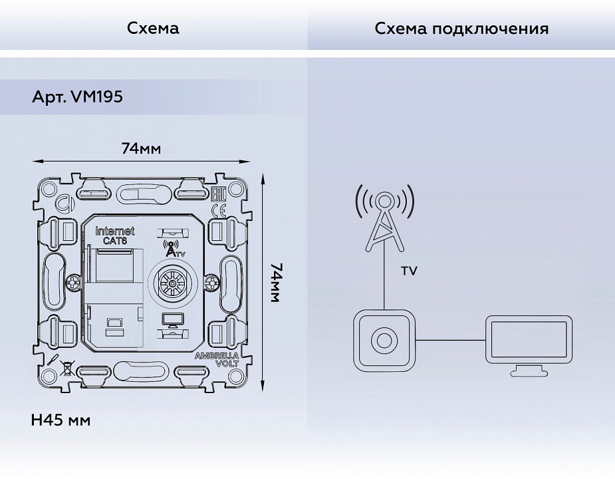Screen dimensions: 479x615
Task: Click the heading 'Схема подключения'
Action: tap(461, 29)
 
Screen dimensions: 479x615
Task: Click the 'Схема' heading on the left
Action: tap(153, 29)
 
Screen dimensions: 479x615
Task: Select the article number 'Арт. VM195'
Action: tap(77, 96)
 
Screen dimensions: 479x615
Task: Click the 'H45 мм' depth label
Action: tap(61, 420)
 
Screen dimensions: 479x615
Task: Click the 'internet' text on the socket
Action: tap(115, 231)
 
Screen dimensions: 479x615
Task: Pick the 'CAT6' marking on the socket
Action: tap(115, 241)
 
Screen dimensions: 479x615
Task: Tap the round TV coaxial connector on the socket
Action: tap(173, 283)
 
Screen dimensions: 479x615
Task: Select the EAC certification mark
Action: tap(217, 194)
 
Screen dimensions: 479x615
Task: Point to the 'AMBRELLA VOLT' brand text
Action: tap(216, 360)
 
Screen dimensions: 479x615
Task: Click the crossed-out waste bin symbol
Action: tap(66, 367)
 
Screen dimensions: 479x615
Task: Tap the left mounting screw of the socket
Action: tap(70, 283)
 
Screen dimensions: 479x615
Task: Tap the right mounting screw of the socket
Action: tap(211, 283)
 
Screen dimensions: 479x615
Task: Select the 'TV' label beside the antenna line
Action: tap(410, 271)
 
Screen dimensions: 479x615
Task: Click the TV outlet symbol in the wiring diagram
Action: tap(385, 340)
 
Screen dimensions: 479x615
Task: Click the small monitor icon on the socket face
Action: tap(172, 321)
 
